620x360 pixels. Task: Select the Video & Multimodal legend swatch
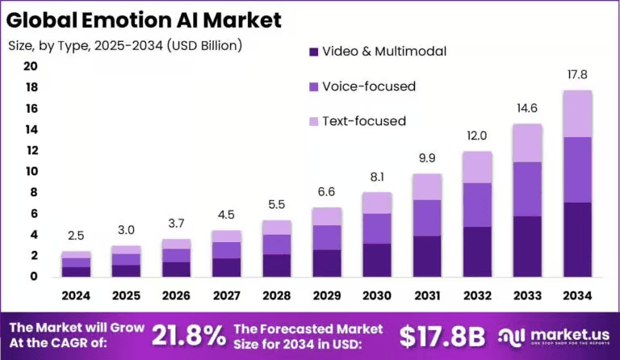click(x=312, y=52)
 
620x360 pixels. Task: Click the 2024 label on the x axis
click(x=77, y=296)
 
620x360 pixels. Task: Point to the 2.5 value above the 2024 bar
click(x=77, y=237)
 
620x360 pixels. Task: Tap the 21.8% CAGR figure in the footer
click(x=188, y=334)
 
